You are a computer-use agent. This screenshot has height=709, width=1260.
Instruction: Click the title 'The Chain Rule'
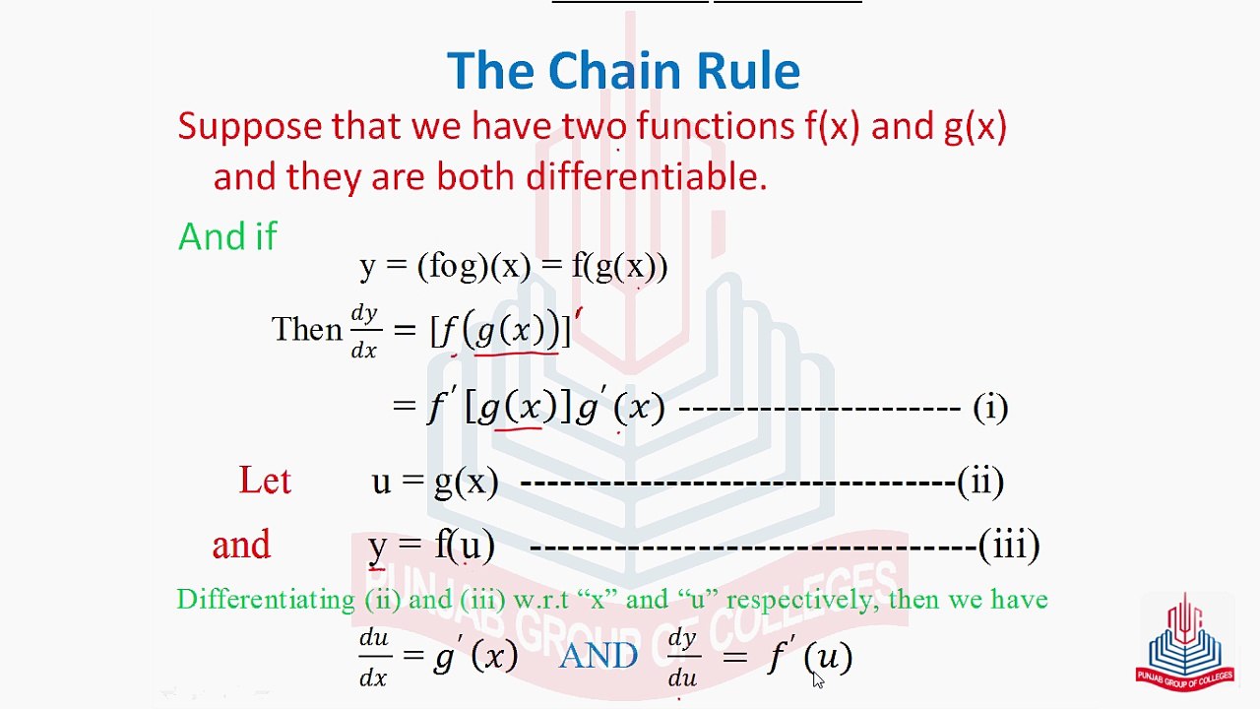coord(623,71)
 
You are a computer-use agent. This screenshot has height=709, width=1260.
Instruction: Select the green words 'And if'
coord(227,237)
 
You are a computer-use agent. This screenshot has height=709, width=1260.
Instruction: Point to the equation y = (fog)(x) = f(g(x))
coord(514,267)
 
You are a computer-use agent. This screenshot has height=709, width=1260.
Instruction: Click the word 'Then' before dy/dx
coord(306,329)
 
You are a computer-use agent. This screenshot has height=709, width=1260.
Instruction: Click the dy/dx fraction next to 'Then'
coord(364,331)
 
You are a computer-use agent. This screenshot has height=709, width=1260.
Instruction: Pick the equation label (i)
coord(989,408)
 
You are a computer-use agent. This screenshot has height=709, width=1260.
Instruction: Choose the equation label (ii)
coord(980,482)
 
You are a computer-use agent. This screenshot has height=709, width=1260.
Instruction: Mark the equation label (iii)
coord(1009,546)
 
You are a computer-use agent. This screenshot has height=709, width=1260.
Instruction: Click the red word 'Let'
coord(265,481)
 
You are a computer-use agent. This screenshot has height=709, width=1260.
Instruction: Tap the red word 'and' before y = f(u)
coord(241,546)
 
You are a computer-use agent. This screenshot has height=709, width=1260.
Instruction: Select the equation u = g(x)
coord(435,482)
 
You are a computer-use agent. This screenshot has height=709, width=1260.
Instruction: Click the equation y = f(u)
coord(431,546)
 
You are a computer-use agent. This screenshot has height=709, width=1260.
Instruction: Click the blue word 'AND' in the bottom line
coord(598,656)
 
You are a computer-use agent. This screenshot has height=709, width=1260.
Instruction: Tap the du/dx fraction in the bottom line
coord(374,657)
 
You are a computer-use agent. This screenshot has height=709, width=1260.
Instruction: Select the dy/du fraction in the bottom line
coord(682,657)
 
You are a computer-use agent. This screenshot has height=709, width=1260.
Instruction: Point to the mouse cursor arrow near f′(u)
coord(818,679)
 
